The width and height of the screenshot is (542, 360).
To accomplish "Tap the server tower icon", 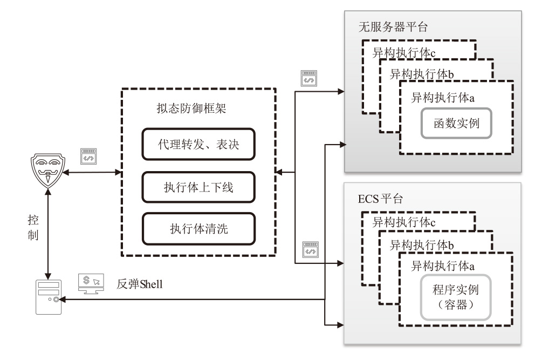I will click(49, 296).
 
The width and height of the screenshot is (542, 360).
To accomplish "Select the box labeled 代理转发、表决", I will click(198, 144).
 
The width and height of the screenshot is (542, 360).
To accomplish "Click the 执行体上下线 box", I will click(198, 187).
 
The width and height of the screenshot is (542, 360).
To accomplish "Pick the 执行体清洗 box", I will click(198, 228).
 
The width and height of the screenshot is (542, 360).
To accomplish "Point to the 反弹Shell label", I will click(140, 283).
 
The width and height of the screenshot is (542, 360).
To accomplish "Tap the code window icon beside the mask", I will click(87, 157).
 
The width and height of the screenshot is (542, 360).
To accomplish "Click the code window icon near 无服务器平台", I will click(309, 78).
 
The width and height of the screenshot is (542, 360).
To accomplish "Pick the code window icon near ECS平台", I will click(310, 250).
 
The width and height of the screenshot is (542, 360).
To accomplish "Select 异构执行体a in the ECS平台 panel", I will click(443, 266).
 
